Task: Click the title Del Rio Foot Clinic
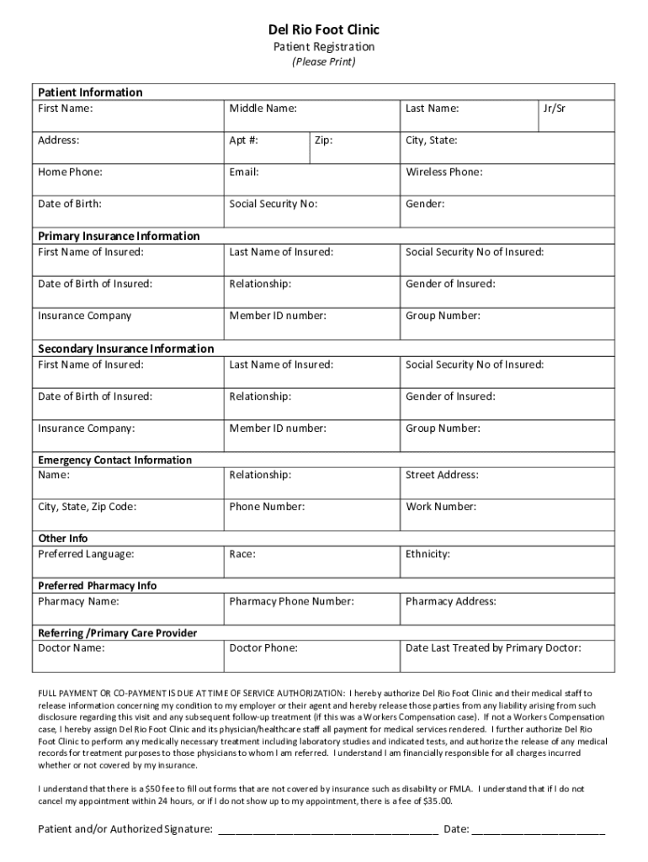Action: coord(324,29)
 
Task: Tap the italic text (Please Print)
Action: coord(324,62)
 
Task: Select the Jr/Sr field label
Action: coord(555,109)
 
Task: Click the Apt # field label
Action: coord(243,141)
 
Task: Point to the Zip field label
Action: coord(323,141)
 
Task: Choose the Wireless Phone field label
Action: coord(444,173)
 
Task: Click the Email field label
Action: coord(244,173)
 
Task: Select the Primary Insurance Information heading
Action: coord(119,236)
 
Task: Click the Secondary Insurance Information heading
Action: coord(126,349)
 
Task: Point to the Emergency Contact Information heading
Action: coord(114,460)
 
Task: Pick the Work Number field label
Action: coord(441,507)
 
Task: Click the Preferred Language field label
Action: coord(86,554)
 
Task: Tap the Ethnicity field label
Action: coord(428,554)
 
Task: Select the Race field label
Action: coord(242,554)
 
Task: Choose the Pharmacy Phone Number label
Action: coord(291,601)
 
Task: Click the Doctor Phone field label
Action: coord(263,648)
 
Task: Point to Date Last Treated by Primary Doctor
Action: coord(493,648)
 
